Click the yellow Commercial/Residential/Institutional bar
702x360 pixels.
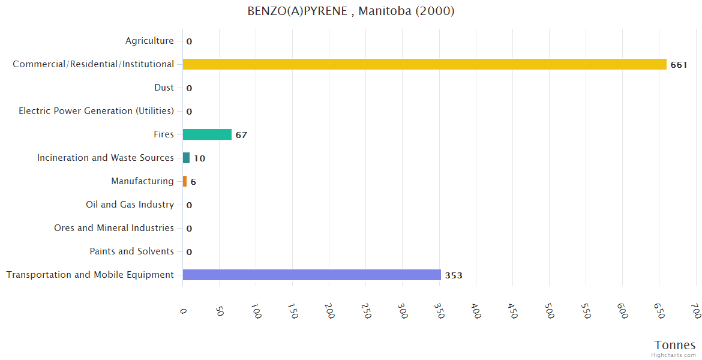pyautogui.click(x=424, y=64)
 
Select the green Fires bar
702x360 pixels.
pyautogui.click(x=207, y=134)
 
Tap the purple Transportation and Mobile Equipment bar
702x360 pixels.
pyautogui.click(x=311, y=275)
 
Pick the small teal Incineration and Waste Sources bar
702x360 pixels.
pyautogui.click(x=186, y=158)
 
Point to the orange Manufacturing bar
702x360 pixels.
pyautogui.click(x=185, y=181)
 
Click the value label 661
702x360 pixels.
pyautogui.click(x=679, y=65)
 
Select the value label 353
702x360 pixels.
pyautogui.click(x=454, y=275)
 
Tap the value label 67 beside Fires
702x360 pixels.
pyautogui.click(x=241, y=135)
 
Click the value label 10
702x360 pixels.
pyautogui.click(x=199, y=158)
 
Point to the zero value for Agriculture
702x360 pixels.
pyautogui.click(x=189, y=41)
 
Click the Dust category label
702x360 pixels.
pyautogui.click(x=164, y=88)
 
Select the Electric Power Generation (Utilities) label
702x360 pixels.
pyautogui.click(x=96, y=111)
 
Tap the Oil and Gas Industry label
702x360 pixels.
pyautogui.click(x=130, y=205)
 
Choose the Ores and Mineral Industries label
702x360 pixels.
pyautogui.click(x=114, y=228)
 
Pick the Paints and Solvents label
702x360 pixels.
pyautogui.click(x=132, y=251)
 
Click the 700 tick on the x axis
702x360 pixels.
pyautogui.click(x=695, y=311)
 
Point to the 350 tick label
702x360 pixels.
pyautogui.click(x=439, y=311)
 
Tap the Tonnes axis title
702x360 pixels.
pyautogui.click(x=675, y=345)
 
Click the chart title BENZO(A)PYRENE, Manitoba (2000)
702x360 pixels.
pyautogui.click(x=351, y=11)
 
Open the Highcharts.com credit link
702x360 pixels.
pyautogui.click(x=674, y=355)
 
